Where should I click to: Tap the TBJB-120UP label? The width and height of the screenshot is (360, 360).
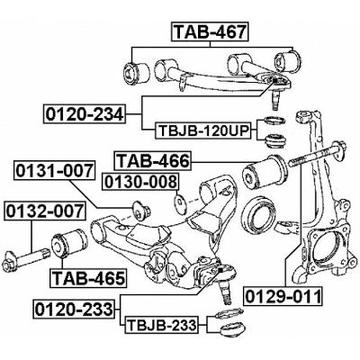click(204, 130)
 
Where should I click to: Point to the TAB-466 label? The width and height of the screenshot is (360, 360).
click(152, 162)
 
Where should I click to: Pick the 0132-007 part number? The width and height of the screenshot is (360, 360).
click(44, 212)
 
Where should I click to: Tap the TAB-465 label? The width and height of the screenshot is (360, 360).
click(86, 277)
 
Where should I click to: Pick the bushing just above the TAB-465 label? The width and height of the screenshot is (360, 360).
click(71, 241)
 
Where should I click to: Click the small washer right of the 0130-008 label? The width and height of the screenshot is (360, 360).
click(180, 201)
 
